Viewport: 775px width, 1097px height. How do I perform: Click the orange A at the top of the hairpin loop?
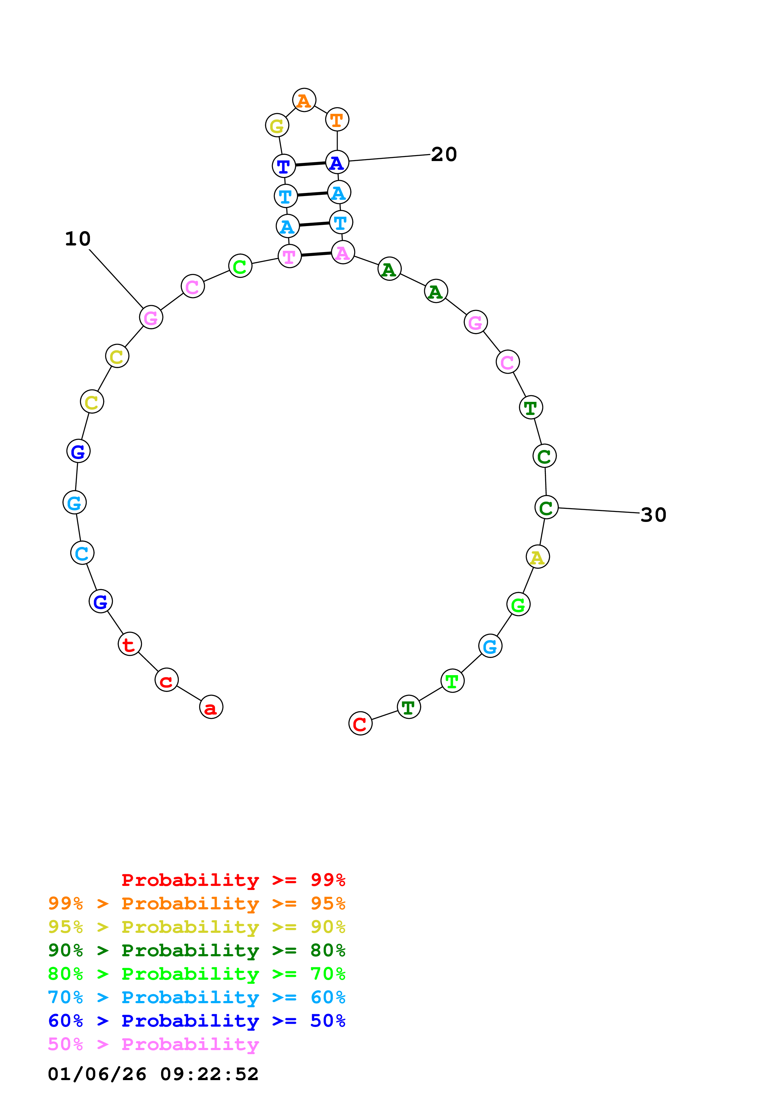point(304,100)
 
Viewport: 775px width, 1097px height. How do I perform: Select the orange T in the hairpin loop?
point(337,119)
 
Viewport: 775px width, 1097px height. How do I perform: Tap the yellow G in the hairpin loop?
point(277,126)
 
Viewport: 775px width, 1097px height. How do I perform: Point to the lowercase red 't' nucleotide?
point(129,644)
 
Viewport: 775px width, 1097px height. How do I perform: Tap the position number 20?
point(444,154)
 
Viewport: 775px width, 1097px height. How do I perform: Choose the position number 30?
point(653,515)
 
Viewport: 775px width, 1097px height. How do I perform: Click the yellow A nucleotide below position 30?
point(538,557)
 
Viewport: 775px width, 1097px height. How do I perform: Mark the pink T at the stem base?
point(289,256)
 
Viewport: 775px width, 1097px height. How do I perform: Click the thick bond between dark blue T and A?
point(310,164)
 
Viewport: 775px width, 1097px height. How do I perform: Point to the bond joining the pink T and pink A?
point(316,254)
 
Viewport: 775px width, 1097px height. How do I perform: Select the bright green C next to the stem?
point(240,266)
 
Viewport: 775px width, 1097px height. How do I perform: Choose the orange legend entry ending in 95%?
point(197,903)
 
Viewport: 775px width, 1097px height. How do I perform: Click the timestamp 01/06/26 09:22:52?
point(153,1074)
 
